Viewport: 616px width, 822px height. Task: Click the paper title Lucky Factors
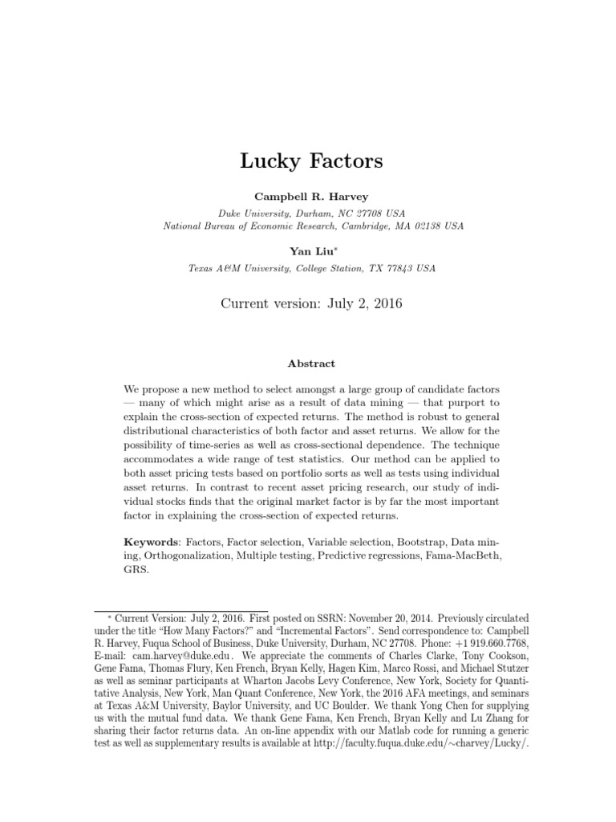click(312, 161)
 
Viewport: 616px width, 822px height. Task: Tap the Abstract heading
click(312, 363)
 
